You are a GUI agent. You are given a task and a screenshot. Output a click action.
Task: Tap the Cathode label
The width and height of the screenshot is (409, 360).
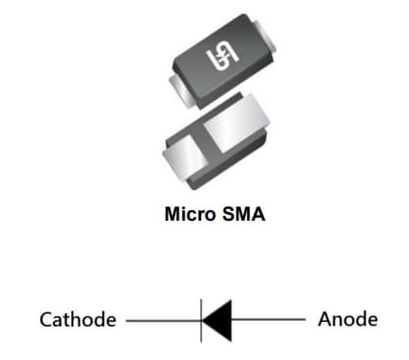pos(77,320)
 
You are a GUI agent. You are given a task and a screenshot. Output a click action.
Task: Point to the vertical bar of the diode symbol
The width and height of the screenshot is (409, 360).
pos(202,320)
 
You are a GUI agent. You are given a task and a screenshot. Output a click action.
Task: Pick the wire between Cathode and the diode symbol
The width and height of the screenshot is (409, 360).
pos(163,320)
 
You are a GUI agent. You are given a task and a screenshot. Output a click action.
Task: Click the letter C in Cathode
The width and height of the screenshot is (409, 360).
pos(46,320)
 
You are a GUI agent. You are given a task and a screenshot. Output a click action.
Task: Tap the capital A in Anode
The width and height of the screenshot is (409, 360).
pos(325,320)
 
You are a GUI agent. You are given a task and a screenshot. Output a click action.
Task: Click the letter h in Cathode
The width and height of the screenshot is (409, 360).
pos(77,320)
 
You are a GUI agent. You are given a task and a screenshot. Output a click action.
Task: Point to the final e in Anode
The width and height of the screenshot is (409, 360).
pos(371,321)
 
